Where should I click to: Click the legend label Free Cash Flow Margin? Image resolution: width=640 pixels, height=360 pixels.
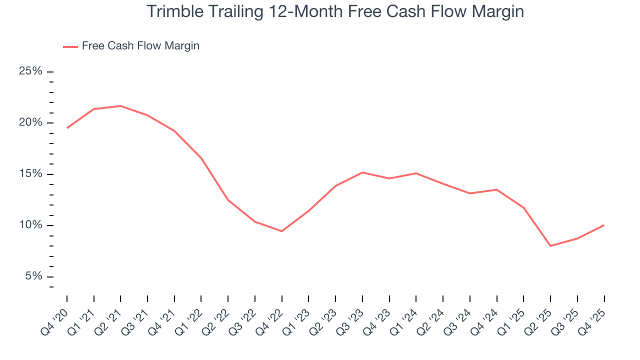[x=140, y=46]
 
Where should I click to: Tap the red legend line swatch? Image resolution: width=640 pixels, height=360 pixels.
[x=70, y=46]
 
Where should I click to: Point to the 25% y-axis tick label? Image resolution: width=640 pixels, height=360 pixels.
[x=30, y=71]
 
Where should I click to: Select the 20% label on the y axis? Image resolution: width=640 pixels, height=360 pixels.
[x=30, y=123]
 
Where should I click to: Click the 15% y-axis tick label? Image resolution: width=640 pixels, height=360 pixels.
[x=30, y=174]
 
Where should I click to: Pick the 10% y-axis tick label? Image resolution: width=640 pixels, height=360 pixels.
[x=30, y=225]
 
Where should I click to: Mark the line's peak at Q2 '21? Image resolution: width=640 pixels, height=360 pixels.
[x=120, y=106]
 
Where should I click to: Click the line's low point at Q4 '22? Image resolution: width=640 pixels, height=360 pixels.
[x=282, y=231]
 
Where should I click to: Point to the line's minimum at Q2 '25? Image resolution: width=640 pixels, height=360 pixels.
[x=550, y=246]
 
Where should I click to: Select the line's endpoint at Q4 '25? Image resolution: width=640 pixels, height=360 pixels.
[x=604, y=225]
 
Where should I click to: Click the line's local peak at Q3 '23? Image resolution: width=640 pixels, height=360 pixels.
[x=362, y=172]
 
